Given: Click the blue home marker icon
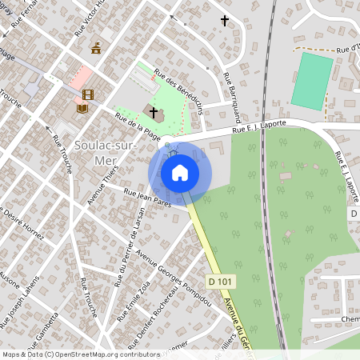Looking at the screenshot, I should coord(180,172).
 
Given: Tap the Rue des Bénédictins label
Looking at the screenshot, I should coord(181,90).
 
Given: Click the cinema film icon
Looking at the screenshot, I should coord(87,96).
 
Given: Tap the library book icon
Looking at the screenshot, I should coord(82,107).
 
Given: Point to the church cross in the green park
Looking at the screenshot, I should coord(153,112).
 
